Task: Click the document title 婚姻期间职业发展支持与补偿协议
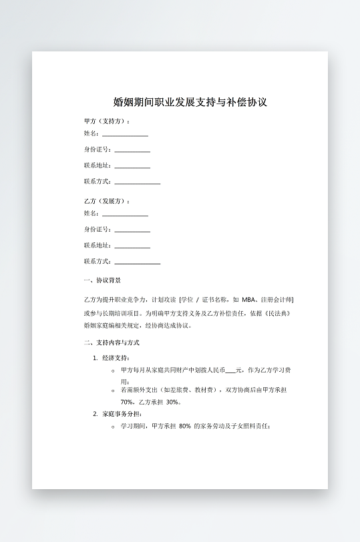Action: pos(190,102)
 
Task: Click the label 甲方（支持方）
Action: pos(106,121)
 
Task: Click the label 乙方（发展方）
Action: pos(106,201)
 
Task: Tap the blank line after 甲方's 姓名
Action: pos(125,134)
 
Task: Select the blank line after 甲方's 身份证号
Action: pos(132,150)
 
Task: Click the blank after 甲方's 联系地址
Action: pos(132,166)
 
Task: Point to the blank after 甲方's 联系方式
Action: pos(137,182)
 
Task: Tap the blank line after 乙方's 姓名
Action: pos(125,214)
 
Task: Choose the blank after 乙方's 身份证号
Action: pos(132,230)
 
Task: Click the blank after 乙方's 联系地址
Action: pos(132,246)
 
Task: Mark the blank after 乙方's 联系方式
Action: pos(137,262)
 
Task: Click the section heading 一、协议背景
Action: pos(102,280)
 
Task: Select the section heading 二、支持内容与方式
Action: pos(112,342)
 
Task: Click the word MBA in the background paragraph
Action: pos(249,300)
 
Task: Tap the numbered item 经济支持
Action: pos(116,358)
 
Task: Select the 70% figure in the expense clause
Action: pos(127,402)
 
